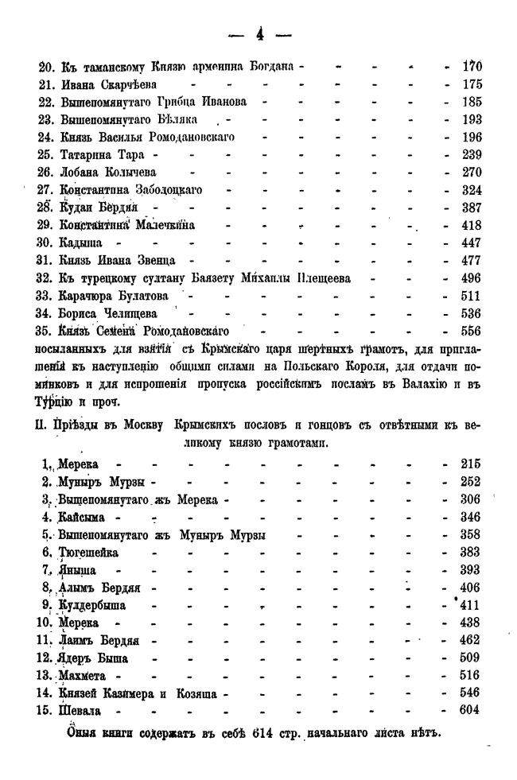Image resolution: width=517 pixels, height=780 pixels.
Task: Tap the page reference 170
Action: point(473,67)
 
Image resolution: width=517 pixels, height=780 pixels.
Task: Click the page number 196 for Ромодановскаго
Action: point(473,137)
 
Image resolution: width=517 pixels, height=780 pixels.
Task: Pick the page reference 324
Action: point(473,190)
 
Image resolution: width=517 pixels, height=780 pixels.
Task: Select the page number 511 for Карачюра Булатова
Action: point(473,295)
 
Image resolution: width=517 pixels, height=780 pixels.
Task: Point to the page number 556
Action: point(473,330)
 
